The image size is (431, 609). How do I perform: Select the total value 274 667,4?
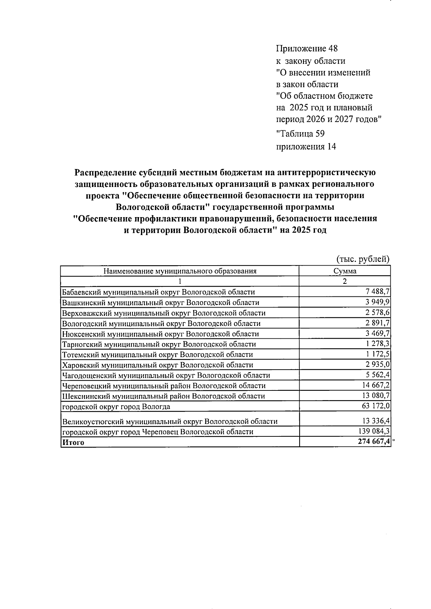coord(374,442)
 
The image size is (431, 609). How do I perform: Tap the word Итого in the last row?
coord(73,442)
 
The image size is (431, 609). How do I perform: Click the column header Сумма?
coord(345,271)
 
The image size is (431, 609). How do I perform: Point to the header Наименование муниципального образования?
coord(180,271)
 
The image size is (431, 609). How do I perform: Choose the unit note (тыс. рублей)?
coord(363,259)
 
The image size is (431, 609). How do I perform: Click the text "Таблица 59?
coord(300,134)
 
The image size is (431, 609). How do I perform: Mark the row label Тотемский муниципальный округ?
coord(157,355)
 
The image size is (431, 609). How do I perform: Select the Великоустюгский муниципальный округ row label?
coord(170,421)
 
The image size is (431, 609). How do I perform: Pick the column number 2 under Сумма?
coord(345,281)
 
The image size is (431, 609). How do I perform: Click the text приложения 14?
coord(306,146)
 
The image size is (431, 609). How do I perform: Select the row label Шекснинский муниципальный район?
coord(163,396)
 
